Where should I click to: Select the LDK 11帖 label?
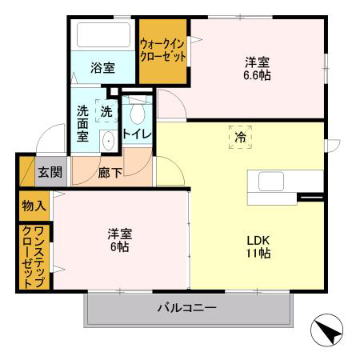tap(258, 246)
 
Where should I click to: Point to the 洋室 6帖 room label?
tap(120, 240)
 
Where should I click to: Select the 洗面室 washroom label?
tap(82, 124)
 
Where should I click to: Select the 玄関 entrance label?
tap(49, 171)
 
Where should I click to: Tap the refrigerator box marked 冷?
tap(239, 138)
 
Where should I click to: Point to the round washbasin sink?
tap(108, 141)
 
